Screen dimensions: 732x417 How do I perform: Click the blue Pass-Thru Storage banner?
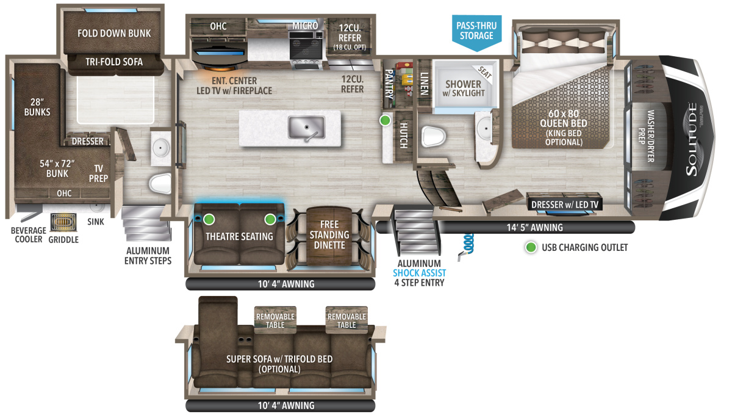click(x=477, y=32)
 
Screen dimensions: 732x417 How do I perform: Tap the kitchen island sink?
click(x=306, y=128)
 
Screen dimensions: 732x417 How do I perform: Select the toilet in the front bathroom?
click(x=434, y=136)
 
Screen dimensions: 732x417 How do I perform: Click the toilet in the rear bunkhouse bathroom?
click(x=160, y=183)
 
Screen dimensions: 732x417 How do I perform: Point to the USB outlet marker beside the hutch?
click(x=385, y=120)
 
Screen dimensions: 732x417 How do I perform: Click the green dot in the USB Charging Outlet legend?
click(x=531, y=247)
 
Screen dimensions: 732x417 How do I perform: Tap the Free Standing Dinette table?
click(x=329, y=236)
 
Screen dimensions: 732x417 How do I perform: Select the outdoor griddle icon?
click(x=63, y=223)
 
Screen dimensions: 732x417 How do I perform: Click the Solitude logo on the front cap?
click(x=692, y=140)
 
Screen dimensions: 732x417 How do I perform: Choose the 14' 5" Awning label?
click(x=534, y=227)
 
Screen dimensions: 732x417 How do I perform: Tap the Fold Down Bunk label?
click(x=114, y=33)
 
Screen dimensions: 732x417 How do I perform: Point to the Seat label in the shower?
click(x=484, y=72)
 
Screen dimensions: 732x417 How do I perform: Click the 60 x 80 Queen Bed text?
click(x=564, y=118)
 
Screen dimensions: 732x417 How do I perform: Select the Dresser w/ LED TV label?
click(x=565, y=205)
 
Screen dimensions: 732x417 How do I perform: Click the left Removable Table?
click(x=275, y=320)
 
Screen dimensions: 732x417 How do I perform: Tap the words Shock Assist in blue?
click(x=419, y=273)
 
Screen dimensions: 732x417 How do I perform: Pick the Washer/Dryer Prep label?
click(x=647, y=136)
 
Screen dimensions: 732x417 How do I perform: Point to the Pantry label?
click(x=389, y=84)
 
